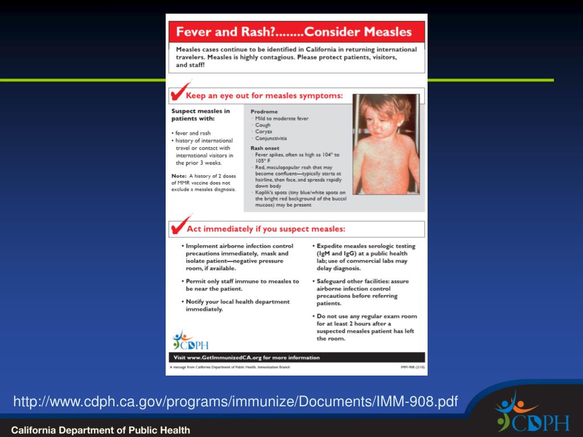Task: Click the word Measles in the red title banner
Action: pos(385,30)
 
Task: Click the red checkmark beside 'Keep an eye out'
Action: pos(180,92)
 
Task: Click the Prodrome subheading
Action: pos(264,112)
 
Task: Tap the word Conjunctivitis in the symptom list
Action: pos(271,138)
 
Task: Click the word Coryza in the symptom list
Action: pos(264,131)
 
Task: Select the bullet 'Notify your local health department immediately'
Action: pos(237,306)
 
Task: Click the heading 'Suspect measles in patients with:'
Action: pos(200,115)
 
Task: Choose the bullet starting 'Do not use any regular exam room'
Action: pos(367,327)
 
